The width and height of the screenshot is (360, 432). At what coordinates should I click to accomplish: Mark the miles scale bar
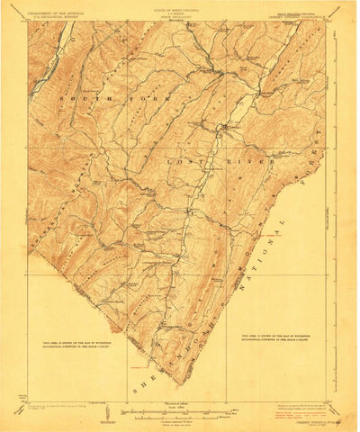pos(180,397)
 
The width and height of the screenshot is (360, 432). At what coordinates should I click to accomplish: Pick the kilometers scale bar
pos(180,407)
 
